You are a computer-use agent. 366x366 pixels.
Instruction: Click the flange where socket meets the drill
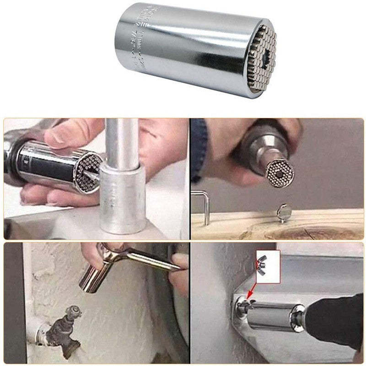pyautogui.click(x=297, y=315)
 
